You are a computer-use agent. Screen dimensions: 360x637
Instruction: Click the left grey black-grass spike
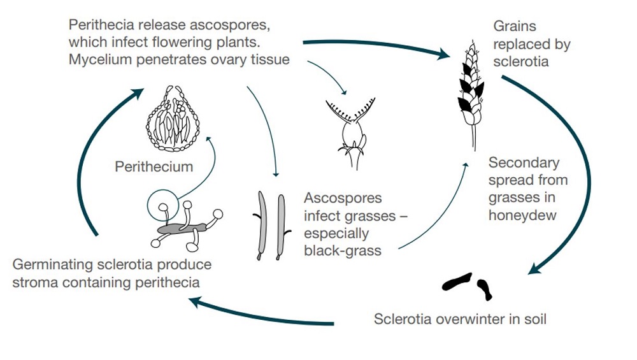click(x=261, y=226)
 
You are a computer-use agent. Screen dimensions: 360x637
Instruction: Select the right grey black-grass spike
click(x=280, y=226)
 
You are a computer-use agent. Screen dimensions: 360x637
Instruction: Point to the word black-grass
click(x=342, y=250)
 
